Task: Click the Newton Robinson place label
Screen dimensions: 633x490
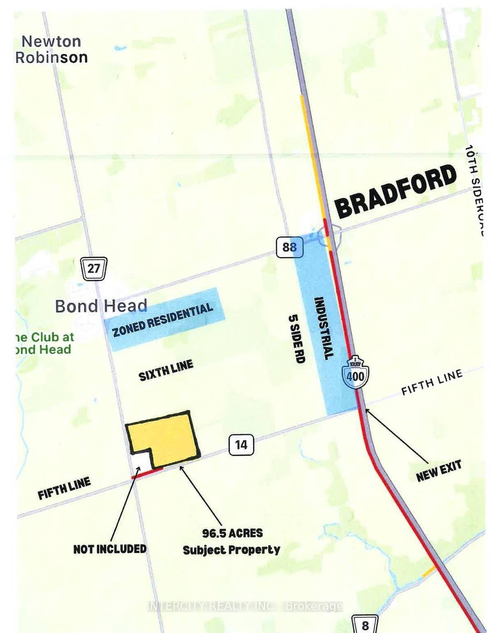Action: coord(51,49)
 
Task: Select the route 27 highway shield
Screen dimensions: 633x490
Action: coord(93,268)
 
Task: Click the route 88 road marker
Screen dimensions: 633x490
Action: coord(289,247)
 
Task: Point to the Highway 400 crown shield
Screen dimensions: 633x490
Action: coord(355,373)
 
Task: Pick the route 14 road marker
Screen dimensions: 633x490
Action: coord(241,444)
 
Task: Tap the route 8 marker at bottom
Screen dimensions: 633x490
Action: coord(365,625)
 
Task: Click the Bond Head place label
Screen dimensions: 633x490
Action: coord(101,306)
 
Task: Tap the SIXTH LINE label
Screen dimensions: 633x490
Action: coord(166,370)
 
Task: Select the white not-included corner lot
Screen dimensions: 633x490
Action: coord(141,463)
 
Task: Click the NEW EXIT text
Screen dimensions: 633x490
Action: coord(438,471)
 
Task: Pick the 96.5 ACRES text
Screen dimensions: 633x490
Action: coord(232,533)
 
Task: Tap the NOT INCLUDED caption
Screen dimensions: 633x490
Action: coord(110,549)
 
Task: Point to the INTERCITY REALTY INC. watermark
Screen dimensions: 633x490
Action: coord(245,606)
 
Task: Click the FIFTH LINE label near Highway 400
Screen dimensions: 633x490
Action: coord(431,382)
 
